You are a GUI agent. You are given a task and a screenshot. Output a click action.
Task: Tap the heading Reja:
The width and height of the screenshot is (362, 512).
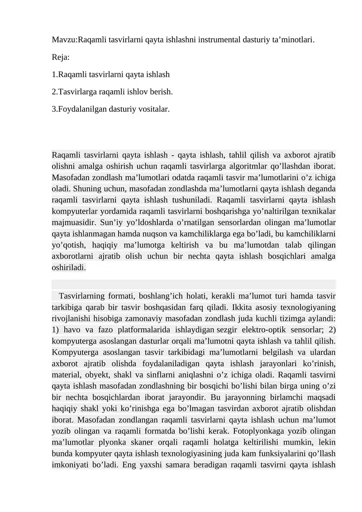click(61, 57)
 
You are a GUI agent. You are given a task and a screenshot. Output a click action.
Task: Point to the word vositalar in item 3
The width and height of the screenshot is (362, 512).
click(154, 109)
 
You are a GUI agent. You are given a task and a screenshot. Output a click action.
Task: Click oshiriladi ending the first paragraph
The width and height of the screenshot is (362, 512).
click(69, 268)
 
